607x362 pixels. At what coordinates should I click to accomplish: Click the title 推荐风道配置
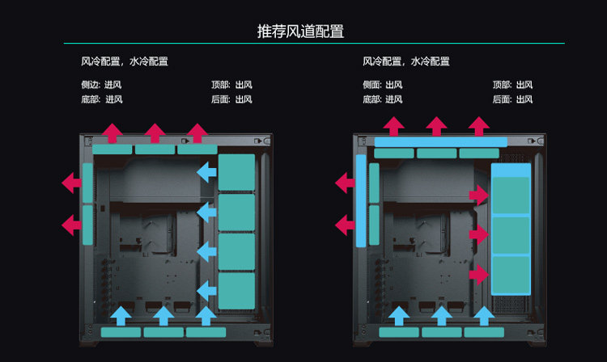click(300, 32)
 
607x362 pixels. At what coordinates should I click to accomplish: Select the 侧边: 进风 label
click(96, 85)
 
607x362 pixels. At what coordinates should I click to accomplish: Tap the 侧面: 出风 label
click(382, 85)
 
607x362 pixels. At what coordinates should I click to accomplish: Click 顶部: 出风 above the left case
click(231, 85)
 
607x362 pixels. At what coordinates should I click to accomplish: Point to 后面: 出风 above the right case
click(512, 99)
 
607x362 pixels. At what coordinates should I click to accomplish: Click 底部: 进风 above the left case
click(96, 99)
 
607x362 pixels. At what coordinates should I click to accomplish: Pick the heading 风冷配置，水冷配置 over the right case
click(406, 61)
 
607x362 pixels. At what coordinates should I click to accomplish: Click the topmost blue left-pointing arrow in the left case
click(206, 171)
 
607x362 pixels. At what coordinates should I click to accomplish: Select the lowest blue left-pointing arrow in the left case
click(206, 286)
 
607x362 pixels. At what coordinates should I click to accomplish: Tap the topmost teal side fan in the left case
click(237, 172)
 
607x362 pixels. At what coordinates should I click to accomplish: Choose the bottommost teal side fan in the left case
click(237, 288)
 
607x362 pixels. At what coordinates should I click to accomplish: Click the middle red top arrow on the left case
click(155, 133)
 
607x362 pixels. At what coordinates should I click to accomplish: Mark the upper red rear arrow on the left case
click(71, 183)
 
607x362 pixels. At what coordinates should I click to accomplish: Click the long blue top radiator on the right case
click(440, 141)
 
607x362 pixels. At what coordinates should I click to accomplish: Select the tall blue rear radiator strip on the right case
click(360, 200)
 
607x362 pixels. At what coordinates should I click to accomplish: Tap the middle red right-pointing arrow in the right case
click(478, 234)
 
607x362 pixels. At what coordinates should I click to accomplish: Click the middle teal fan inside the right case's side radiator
click(511, 235)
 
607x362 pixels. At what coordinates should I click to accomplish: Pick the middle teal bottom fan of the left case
click(163, 332)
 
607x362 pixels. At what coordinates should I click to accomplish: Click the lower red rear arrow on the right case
click(346, 223)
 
